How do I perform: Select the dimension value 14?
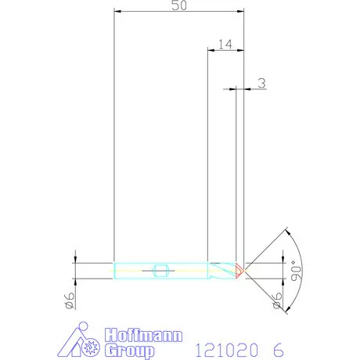[x=225, y=45]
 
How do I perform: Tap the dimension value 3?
[x=261, y=82]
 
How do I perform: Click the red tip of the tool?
[x=239, y=271]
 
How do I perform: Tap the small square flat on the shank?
[x=160, y=271]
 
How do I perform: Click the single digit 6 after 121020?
[x=278, y=349]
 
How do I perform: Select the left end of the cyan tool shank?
[x=115, y=271]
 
